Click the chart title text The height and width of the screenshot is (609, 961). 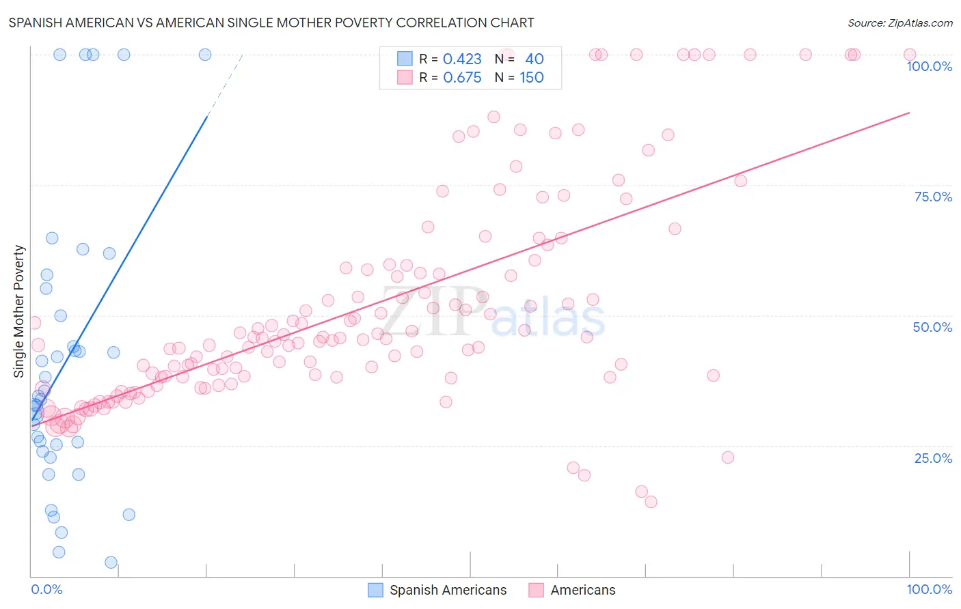(x=271, y=23)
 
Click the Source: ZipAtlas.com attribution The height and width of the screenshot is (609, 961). (x=899, y=23)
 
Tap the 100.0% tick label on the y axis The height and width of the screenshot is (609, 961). (x=929, y=66)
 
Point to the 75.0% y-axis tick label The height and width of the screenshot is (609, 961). (x=933, y=197)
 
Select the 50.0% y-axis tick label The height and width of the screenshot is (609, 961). (x=932, y=327)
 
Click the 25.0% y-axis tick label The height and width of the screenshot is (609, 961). (x=933, y=458)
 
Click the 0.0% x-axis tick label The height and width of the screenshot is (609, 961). (x=46, y=589)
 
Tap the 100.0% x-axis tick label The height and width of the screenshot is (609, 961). (x=929, y=589)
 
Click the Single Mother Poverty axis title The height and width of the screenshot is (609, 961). (x=19, y=311)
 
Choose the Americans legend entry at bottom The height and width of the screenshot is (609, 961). (x=582, y=590)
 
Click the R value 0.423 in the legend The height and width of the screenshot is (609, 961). (x=462, y=59)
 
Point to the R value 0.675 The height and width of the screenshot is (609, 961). (x=462, y=78)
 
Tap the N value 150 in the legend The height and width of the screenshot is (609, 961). (x=532, y=78)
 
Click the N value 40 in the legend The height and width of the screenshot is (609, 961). (x=534, y=59)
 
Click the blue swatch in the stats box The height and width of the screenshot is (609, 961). (x=405, y=59)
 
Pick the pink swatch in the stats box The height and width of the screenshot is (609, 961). (x=405, y=77)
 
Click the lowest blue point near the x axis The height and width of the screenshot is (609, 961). (x=111, y=563)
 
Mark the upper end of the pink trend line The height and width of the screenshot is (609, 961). (x=910, y=113)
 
